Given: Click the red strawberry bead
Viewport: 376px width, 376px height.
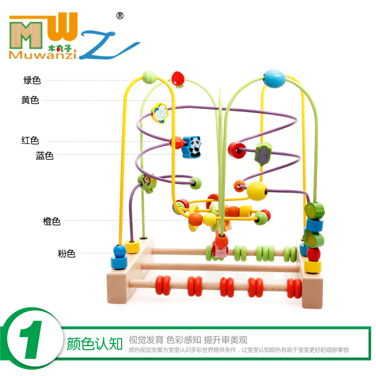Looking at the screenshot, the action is tap(178, 78).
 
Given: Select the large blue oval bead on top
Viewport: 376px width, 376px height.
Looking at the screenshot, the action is tap(274, 78).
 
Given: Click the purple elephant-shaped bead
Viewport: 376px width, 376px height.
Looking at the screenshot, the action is tap(263, 155).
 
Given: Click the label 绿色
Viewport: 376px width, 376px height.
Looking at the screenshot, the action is tap(32, 80).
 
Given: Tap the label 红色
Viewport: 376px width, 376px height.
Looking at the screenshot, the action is tap(30, 140).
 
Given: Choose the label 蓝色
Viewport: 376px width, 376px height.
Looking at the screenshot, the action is tap(45, 156).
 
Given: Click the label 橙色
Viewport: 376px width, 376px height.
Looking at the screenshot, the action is tap(52, 221).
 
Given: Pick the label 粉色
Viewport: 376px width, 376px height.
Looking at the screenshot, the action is tap(66, 254).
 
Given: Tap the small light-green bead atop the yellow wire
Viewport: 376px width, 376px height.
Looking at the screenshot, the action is tap(149, 75).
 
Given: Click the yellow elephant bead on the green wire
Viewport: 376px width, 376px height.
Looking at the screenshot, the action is tap(160, 113).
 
